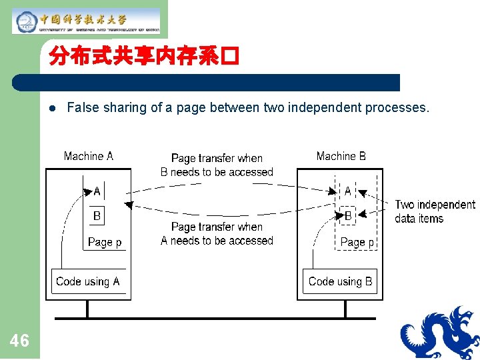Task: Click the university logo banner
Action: [x=86, y=21]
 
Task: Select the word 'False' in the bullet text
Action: [x=81, y=107]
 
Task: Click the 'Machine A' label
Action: [x=89, y=156]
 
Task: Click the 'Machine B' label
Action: [x=341, y=156]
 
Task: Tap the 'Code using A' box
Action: [x=88, y=281]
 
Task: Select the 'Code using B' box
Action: [x=340, y=281]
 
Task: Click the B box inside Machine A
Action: [x=97, y=215]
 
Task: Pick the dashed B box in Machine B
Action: [x=347, y=216]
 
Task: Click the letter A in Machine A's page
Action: [x=97, y=192]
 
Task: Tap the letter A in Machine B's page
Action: [x=347, y=191]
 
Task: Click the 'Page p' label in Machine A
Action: [x=105, y=242]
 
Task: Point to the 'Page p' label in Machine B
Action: [x=357, y=242]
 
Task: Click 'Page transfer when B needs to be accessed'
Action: [x=217, y=165]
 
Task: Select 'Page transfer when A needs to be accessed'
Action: [x=217, y=233]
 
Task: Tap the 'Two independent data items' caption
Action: [x=435, y=211]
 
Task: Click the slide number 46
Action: [x=20, y=341]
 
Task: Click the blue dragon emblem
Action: [x=440, y=333]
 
